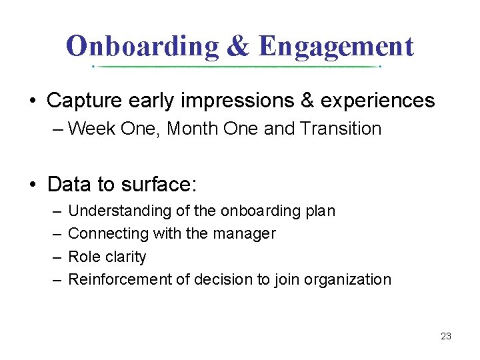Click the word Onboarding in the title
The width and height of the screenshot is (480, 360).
tap(143, 46)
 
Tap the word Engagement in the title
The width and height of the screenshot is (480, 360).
tap(336, 46)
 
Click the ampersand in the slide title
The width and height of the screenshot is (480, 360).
tap(238, 46)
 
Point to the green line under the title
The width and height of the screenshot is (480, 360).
tap(237, 67)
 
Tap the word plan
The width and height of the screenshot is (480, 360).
tap(320, 211)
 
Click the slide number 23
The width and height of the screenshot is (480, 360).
tap(446, 336)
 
